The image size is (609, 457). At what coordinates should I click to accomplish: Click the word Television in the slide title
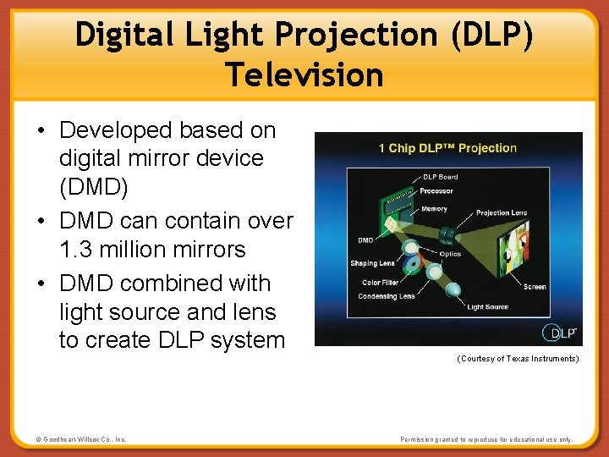point(304,74)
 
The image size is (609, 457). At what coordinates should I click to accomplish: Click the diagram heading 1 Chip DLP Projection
point(447,148)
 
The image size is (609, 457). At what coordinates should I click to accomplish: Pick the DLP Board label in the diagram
point(440,177)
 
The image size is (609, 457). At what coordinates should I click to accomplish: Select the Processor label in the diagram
point(437,191)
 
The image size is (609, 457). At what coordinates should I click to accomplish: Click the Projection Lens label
point(501,213)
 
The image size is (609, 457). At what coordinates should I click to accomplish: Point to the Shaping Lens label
point(372,263)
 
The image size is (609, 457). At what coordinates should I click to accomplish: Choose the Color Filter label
point(380,283)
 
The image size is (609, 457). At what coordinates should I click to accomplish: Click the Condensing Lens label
point(386,296)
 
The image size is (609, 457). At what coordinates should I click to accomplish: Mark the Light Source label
point(487,307)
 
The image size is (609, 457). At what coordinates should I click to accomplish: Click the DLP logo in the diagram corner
point(558,332)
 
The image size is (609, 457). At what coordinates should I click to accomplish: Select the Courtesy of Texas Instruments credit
point(518,359)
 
